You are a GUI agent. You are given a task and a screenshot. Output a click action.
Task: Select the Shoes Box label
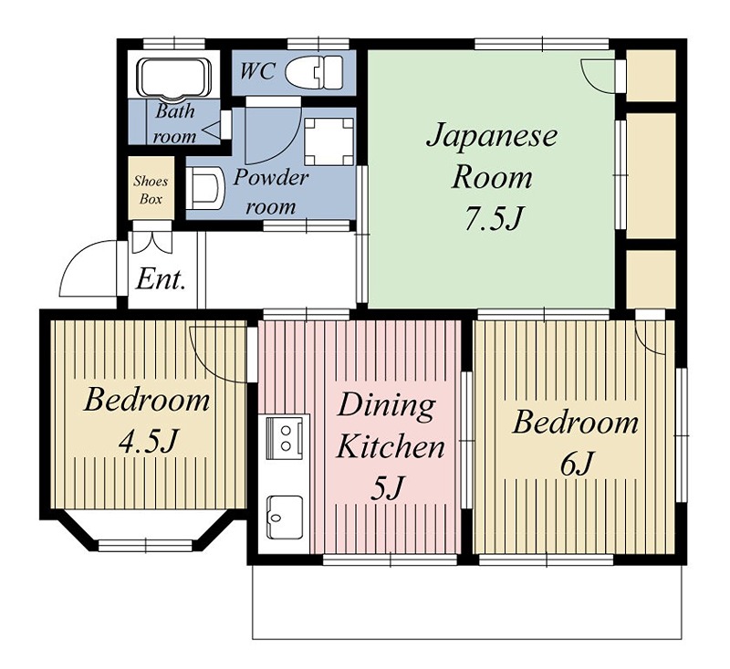151,190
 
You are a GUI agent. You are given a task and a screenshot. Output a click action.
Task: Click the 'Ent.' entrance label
161,278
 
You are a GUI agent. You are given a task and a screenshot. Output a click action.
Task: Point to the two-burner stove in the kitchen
287,436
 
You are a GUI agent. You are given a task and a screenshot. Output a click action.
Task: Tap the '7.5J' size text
491,219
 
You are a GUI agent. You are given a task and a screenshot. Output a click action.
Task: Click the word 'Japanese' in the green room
492,137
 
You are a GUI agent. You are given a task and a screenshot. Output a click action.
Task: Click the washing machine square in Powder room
328,141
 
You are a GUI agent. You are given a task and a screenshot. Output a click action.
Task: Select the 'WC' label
258,71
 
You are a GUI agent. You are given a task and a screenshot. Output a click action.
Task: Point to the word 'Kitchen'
391,447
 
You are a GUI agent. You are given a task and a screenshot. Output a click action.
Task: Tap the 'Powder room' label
270,191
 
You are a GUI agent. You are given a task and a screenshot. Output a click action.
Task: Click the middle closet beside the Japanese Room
651,173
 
